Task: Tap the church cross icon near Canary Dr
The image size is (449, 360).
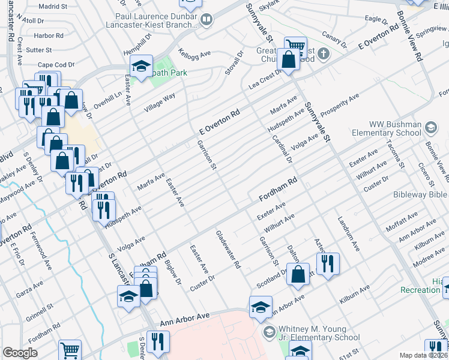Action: pyautogui.click(x=324, y=54)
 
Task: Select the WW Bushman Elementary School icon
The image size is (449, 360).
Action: pyautogui.click(x=430, y=127)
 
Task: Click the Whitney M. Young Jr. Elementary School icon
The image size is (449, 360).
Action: pyautogui.click(x=268, y=331)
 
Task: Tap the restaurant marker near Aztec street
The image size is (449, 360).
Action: pyautogui.click(x=328, y=263)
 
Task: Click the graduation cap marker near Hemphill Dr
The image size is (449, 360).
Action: pyautogui.click(x=141, y=66)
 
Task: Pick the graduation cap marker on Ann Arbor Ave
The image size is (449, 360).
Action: pyautogui.click(x=261, y=307)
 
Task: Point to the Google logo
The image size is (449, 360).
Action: pyautogui.click(x=20, y=353)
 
